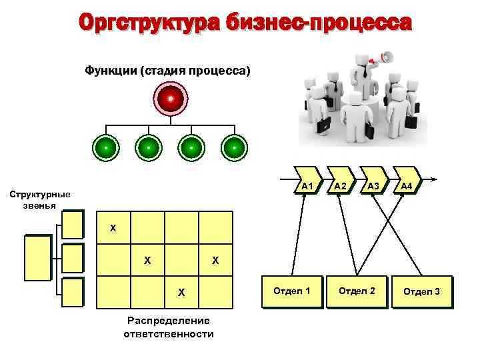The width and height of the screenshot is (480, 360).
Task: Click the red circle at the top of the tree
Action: point(171,99)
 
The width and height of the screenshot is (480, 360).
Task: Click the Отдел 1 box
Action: point(293,291)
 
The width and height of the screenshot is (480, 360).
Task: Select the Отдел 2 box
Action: point(357,291)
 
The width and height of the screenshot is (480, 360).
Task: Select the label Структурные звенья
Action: point(38,199)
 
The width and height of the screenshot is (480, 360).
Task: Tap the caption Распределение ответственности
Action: point(168,327)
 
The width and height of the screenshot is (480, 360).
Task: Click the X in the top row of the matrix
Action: point(113,229)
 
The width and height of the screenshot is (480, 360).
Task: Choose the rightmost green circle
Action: point(234,147)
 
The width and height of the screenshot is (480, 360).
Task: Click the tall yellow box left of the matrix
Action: point(37,258)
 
